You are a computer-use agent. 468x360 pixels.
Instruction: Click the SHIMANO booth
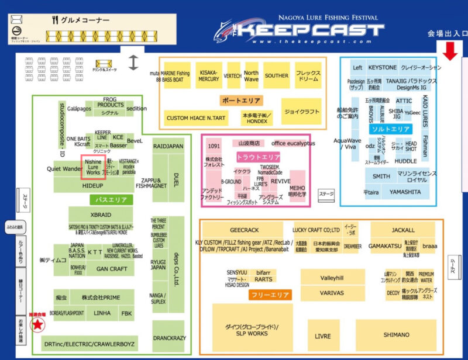[396, 335]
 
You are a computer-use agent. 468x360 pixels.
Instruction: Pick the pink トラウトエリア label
[258, 157]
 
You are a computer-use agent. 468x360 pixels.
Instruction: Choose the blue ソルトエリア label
[391, 129]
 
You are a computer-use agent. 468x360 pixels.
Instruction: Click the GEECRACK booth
[244, 230]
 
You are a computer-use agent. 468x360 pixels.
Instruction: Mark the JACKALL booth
[404, 230]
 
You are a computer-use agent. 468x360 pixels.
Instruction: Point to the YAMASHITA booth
[405, 192]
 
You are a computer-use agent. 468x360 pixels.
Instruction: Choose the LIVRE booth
[322, 336]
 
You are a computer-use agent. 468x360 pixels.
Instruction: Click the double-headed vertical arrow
[133, 61]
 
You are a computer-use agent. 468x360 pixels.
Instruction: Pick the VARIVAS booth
[332, 293]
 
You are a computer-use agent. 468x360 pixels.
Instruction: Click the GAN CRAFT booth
[111, 269]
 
